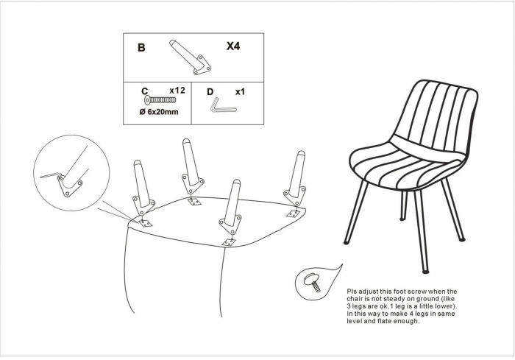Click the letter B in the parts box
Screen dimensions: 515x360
coord(141,48)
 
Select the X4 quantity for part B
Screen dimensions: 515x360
coord(233,46)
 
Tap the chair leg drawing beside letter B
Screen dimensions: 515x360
coord(190,57)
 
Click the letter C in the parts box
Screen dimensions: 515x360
coord(145,91)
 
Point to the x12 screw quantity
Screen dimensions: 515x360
coord(177,91)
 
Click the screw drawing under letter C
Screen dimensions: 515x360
coord(160,99)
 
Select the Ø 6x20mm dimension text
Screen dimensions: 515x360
coord(159,112)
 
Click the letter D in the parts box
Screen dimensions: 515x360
coord(210,92)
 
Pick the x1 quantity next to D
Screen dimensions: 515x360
coord(240,92)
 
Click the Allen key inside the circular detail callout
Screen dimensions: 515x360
coord(51,175)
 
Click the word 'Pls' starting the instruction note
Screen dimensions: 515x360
coord(352,292)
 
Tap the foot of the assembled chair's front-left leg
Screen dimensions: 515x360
coord(347,243)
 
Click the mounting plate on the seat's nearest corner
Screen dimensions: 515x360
coord(229,243)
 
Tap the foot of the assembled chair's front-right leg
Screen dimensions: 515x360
coord(425,272)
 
